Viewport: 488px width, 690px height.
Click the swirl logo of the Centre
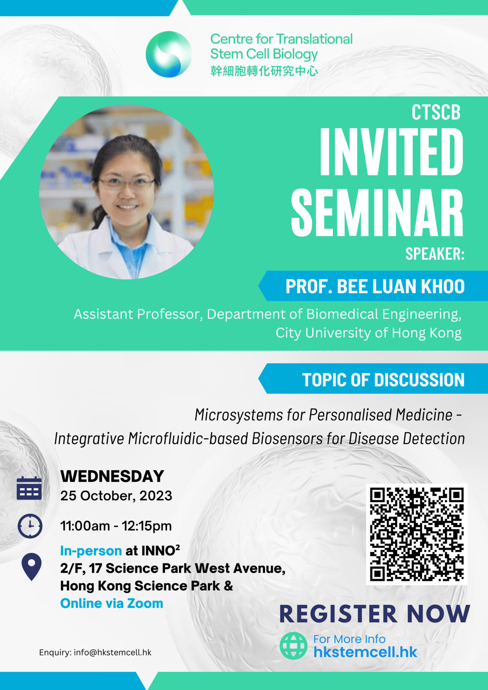click(x=169, y=54)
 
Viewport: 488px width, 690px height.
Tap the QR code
click(x=417, y=534)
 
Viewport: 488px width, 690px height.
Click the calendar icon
click(x=29, y=488)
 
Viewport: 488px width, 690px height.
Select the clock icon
click(x=30, y=526)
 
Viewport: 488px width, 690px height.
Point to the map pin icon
click(x=32, y=567)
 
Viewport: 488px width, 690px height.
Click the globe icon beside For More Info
click(x=293, y=646)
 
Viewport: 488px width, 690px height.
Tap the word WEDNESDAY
click(x=112, y=476)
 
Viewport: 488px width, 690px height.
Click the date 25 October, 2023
click(x=116, y=496)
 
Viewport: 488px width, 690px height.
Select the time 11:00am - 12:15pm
click(x=116, y=526)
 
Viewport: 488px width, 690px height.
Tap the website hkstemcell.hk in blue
click(x=365, y=652)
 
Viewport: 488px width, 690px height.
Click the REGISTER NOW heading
click(x=374, y=613)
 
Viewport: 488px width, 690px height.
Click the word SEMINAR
click(x=377, y=212)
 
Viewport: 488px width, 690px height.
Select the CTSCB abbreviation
click(x=436, y=112)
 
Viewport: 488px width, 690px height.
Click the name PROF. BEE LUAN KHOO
click(x=375, y=286)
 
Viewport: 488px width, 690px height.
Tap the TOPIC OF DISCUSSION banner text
click(x=383, y=379)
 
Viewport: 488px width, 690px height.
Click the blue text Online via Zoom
click(x=111, y=603)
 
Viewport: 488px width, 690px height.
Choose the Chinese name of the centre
click(x=264, y=71)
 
